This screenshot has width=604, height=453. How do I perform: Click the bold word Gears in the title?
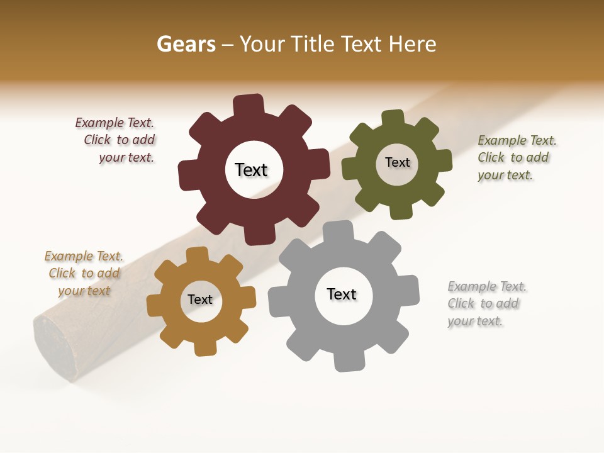pos(186,44)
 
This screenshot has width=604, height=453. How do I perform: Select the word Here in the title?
pos(412,44)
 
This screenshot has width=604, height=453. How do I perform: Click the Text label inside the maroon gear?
pos(251,170)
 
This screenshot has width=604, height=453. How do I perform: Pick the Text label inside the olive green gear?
pos(397,162)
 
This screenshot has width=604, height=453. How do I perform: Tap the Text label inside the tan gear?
pos(199,299)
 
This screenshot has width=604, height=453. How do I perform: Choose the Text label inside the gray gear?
pos(342,294)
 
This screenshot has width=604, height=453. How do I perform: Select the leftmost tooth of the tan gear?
pos(156,306)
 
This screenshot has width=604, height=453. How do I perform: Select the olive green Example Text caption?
pos(516,157)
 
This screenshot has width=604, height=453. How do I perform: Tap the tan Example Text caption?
pos(84,273)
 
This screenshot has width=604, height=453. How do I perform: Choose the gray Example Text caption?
pos(486,303)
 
